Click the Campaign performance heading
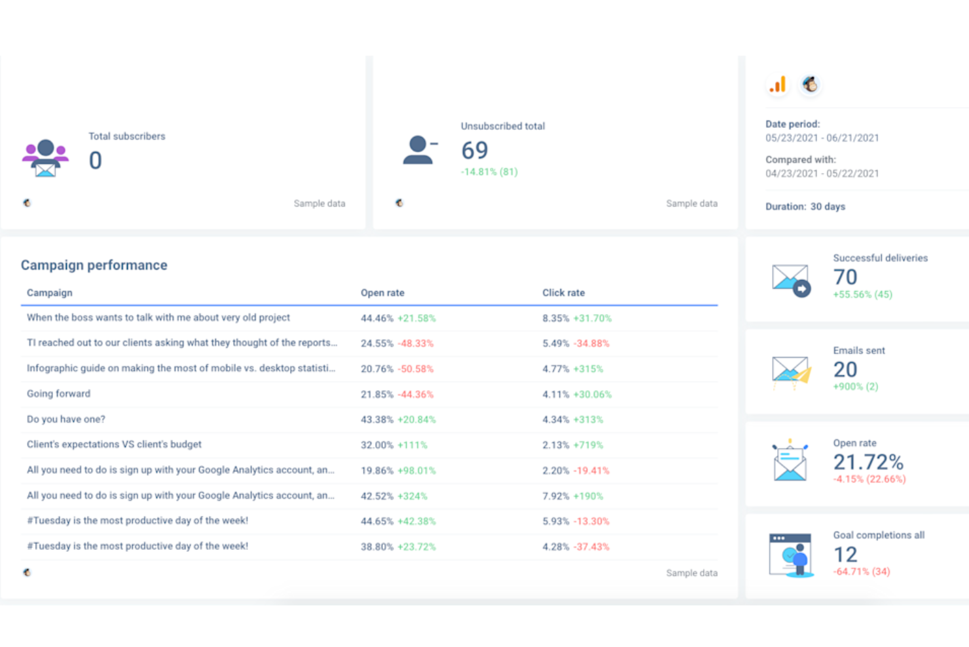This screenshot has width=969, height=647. coord(94,265)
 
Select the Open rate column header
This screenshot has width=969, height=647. coord(382,293)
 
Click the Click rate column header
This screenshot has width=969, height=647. coord(563,293)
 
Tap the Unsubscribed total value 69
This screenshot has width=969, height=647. coord(475,151)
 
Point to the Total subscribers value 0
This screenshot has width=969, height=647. coord(96,161)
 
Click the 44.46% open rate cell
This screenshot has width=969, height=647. coord(376,319)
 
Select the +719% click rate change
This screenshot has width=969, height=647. coord(588,445)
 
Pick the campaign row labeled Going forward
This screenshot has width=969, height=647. coord(59,394)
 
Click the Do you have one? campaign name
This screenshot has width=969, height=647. coord(66,420)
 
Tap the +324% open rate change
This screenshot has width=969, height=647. coord(412,496)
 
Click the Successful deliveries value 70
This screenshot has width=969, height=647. coord(845,277)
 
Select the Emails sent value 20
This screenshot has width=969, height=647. coord(845,370)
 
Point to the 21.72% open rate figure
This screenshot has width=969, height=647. coord(868,462)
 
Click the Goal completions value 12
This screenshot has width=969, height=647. coord(845,555)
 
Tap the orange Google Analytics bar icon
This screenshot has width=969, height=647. coord(778,85)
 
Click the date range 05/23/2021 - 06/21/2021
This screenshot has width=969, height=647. coord(822,138)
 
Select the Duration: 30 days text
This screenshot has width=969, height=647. coord(805,206)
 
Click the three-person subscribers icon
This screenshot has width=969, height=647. coord(45,158)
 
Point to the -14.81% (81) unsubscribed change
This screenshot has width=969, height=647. coord(489,172)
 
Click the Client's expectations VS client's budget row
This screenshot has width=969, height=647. coord(115,444)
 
